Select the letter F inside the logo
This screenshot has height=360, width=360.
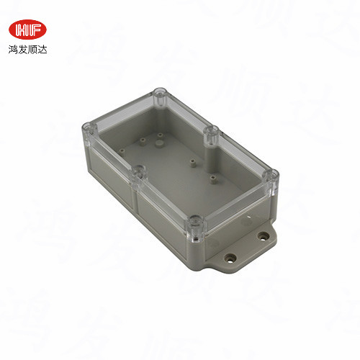[x=34, y=30]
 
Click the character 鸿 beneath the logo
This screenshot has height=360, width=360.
[x=13, y=51]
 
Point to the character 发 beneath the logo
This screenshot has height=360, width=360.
[x=23, y=51]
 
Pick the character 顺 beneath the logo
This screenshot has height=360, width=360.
[x=33, y=51]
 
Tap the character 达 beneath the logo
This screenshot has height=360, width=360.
[x=43, y=51]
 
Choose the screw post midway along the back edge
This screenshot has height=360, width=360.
[x=212, y=132]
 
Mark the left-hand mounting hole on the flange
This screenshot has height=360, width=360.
[x=230, y=256]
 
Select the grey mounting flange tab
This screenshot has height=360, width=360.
[x=245, y=248]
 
